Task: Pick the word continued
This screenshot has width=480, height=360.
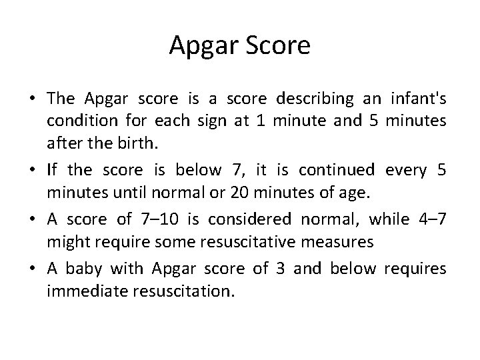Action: pyautogui.click(x=337, y=170)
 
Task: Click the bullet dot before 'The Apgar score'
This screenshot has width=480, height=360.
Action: pyautogui.click(x=31, y=99)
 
